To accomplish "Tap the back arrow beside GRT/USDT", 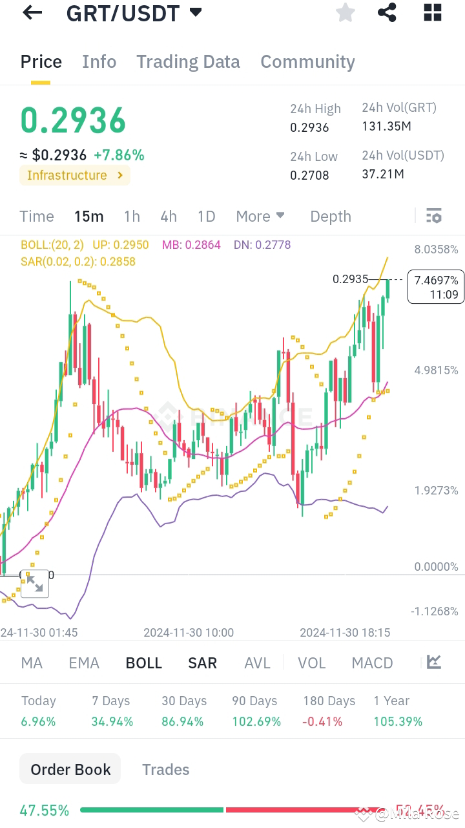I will [x=32, y=12].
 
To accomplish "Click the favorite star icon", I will [x=346, y=12].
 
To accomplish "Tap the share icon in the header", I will [x=387, y=12].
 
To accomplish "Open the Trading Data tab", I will [x=188, y=62].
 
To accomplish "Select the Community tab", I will [x=307, y=62].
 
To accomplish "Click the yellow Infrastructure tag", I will [x=74, y=175].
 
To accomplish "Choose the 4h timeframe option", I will [x=169, y=217].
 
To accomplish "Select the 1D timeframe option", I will [x=206, y=217].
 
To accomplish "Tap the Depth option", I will [x=331, y=217].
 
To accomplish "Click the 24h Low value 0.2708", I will [x=309, y=175].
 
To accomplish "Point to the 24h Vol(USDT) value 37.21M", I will [x=383, y=174].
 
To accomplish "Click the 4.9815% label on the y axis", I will [x=437, y=370].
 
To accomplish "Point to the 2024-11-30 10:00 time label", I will [x=189, y=633].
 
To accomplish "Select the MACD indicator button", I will [x=372, y=663].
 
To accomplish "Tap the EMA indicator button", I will [x=84, y=663].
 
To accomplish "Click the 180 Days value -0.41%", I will [x=323, y=721].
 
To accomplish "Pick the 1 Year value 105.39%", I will [x=398, y=721].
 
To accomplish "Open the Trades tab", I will [x=166, y=770].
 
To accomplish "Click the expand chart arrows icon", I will [x=35, y=584].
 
